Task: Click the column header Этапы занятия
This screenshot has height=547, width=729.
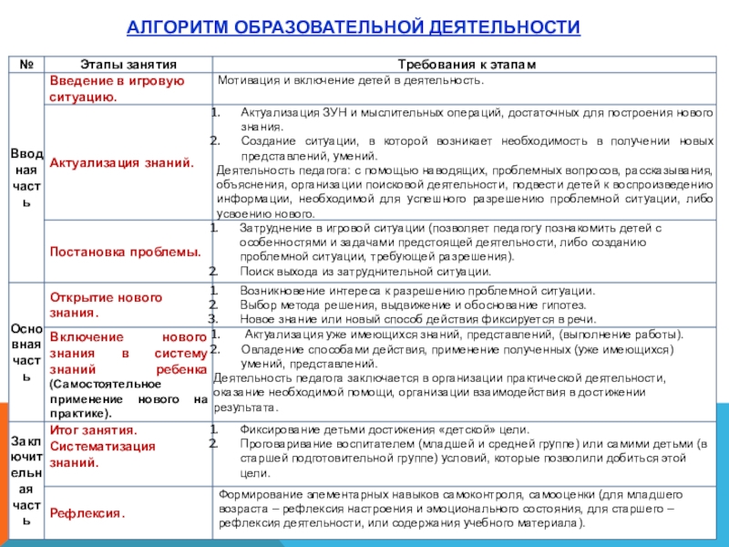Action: click(128, 66)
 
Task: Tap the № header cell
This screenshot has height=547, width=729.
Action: click(26, 66)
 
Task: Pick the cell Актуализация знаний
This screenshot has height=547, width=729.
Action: click(121, 162)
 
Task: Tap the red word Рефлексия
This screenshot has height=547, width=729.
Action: click(87, 514)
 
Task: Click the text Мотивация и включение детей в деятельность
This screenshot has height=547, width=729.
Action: click(351, 80)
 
